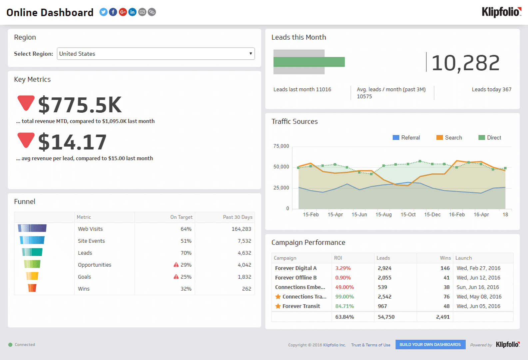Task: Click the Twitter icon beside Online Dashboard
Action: [x=103, y=12]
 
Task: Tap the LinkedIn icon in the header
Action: [x=132, y=12]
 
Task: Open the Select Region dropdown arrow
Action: [x=251, y=54]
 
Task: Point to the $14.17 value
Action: [x=72, y=142]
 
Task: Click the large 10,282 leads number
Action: [x=465, y=63]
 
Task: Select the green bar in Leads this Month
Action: [x=309, y=62]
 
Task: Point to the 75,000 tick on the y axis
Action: [x=281, y=146]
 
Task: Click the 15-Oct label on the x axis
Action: [x=408, y=215]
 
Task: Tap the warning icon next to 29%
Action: [x=176, y=265]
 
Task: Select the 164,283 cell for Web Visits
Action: [x=241, y=229]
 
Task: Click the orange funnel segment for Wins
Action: [x=32, y=288]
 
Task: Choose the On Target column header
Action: [x=181, y=217]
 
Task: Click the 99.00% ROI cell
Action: [x=344, y=297]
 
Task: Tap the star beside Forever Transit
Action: [x=278, y=306]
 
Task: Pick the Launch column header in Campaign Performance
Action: [x=463, y=258]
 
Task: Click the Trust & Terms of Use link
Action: [x=370, y=345]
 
